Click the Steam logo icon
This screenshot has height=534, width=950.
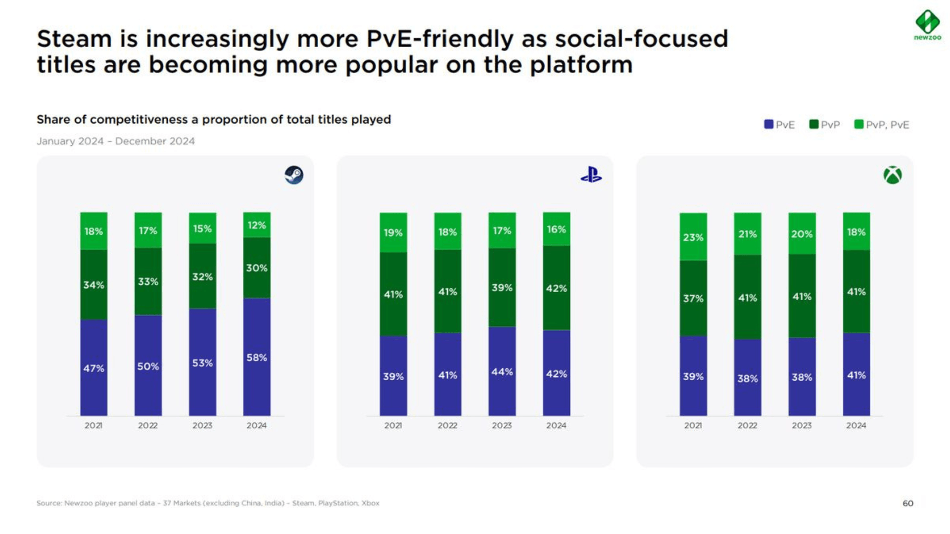click(294, 175)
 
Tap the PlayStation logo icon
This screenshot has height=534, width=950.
click(591, 175)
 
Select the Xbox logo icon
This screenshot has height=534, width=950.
click(893, 175)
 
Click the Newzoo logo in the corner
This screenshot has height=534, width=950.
click(927, 24)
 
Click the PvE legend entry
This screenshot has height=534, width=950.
click(780, 125)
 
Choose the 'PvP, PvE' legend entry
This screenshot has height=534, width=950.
click(882, 125)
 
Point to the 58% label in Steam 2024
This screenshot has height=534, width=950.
click(257, 357)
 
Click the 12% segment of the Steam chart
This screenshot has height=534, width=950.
click(257, 225)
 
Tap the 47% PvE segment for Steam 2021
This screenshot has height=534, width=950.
click(94, 368)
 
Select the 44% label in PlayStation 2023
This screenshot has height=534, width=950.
click(502, 372)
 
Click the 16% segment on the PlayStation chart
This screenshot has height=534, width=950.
click(556, 229)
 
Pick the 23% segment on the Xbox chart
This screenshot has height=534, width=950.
click(693, 237)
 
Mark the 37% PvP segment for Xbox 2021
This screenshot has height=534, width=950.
click(693, 298)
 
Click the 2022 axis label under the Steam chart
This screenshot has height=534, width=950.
click(147, 425)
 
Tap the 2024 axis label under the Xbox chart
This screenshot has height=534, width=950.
click(856, 425)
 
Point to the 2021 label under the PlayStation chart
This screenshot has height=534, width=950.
click(393, 425)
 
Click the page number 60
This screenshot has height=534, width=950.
click(908, 503)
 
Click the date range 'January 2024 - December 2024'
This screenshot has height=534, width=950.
click(116, 141)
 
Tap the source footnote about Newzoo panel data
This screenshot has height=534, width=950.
click(208, 503)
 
